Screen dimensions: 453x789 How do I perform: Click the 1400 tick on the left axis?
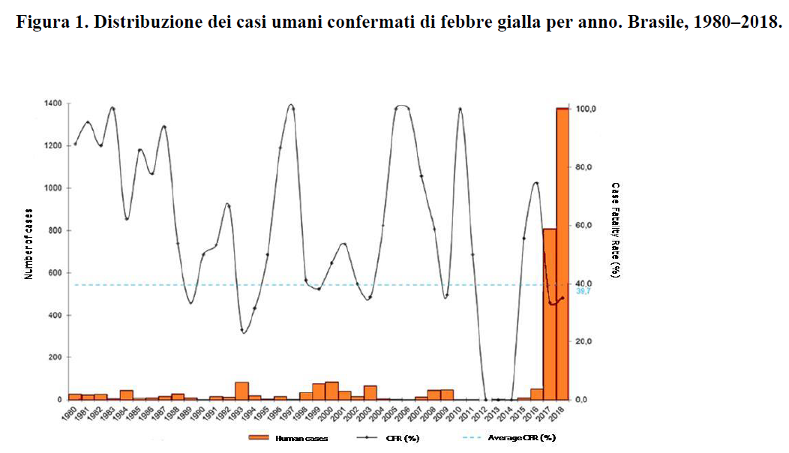tap(54, 103)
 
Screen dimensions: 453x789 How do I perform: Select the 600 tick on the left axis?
tap(55, 273)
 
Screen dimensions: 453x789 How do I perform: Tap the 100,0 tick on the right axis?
tap(585, 109)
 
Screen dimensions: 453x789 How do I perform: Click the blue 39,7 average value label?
tap(583, 292)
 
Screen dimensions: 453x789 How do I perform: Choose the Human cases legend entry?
tap(295, 437)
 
